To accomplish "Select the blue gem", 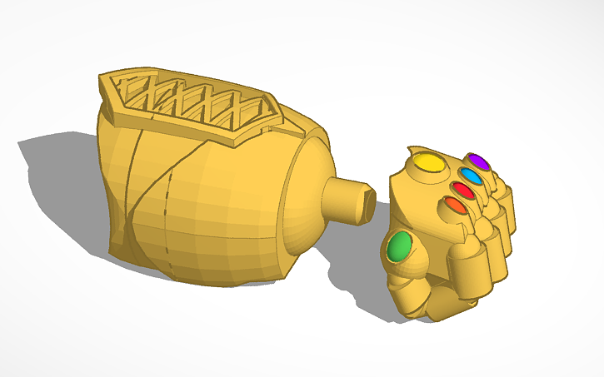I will pos(471,176).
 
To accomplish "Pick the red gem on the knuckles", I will pos(463,191).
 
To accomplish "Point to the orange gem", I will pos(455,206).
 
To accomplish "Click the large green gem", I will pos(401,246).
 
